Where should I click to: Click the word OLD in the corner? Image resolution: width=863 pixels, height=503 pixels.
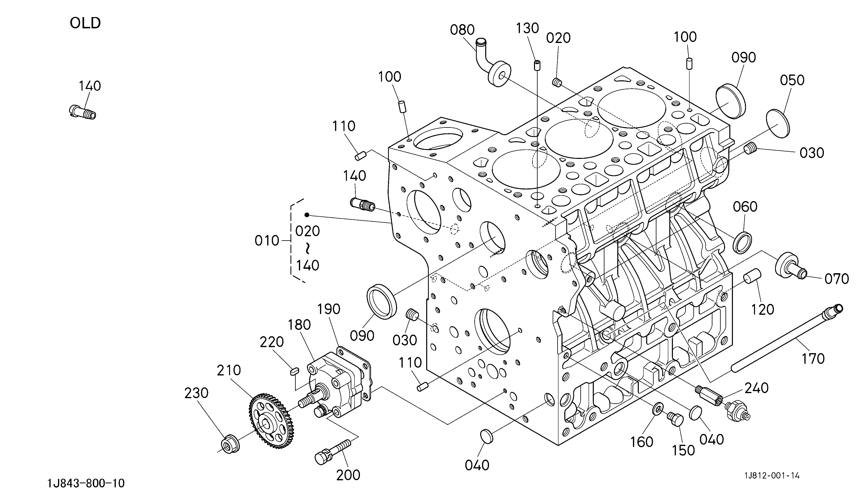pos(85,23)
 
